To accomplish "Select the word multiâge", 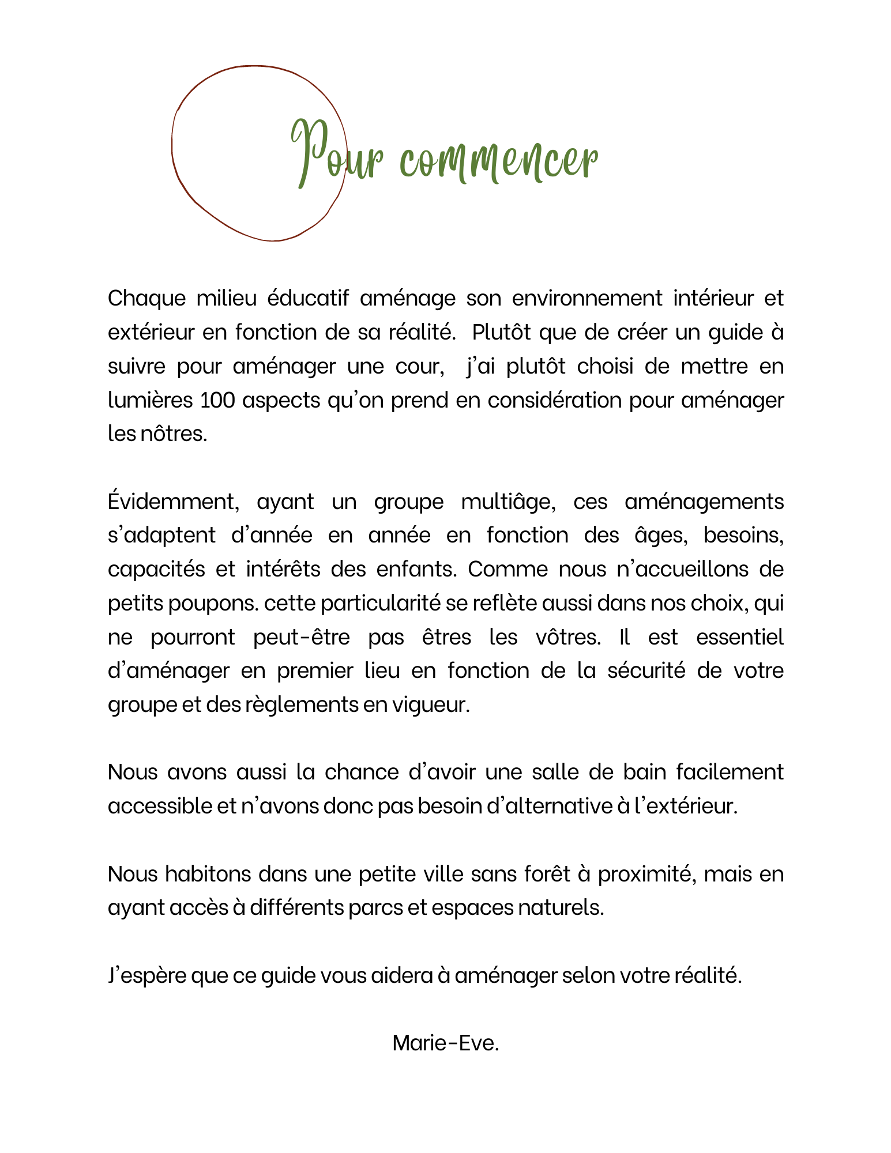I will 508,502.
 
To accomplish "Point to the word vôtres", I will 568,637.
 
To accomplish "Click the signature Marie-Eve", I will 445,1043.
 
